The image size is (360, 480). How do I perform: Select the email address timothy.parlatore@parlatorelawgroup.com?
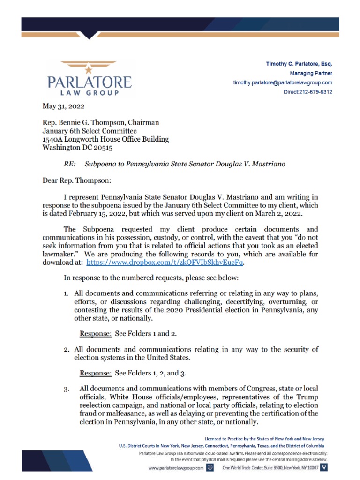pyautogui.click(x=283, y=82)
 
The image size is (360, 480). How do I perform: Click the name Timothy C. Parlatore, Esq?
pyautogui.click(x=299, y=64)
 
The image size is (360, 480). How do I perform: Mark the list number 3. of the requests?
pyautogui.click(x=67, y=389)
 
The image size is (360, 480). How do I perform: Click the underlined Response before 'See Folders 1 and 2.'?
pyautogui.click(x=96, y=334)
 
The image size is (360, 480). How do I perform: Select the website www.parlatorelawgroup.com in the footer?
pyautogui.click(x=176, y=468)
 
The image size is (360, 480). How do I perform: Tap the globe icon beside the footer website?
pyautogui.click(x=210, y=467)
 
